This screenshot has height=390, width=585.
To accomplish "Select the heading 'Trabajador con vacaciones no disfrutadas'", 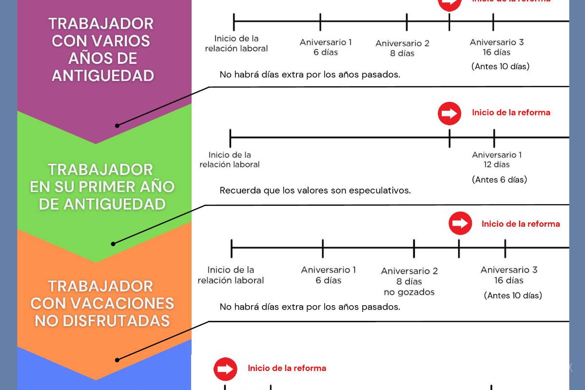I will click(102, 303).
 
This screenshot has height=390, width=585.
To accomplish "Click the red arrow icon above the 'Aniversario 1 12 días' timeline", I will click(449, 114).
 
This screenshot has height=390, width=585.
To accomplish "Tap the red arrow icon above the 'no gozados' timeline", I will click(460, 223).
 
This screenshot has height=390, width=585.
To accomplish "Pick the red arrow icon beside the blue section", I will click(225, 369).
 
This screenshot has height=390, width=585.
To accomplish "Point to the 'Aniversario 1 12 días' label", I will click(497, 160).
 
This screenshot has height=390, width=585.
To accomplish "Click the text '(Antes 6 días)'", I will click(499, 179).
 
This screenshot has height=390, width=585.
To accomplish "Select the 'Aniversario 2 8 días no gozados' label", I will click(409, 281).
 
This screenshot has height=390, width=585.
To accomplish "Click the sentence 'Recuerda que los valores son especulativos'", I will click(315, 190).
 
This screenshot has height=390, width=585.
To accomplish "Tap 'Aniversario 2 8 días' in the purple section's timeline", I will click(402, 48).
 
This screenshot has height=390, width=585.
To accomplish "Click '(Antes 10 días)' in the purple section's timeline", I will click(500, 66).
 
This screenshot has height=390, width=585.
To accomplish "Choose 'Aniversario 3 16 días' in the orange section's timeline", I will click(508, 275).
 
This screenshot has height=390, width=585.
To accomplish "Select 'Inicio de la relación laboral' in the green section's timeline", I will click(229, 160).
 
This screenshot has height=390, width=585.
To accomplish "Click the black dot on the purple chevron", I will click(117, 125).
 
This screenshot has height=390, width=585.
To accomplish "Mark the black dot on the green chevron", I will click(113, 244).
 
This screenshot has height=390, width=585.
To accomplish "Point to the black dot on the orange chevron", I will click(117, 360).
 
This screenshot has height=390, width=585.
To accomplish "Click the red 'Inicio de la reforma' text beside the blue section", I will click(287, 369).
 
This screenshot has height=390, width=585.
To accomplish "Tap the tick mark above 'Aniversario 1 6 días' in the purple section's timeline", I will click(320, 22).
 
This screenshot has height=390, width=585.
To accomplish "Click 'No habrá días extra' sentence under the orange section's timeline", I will click(310, 307).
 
